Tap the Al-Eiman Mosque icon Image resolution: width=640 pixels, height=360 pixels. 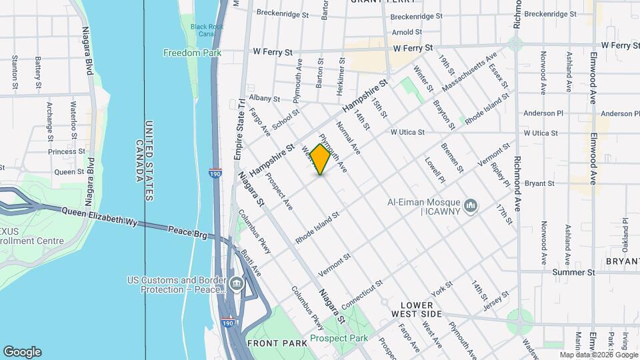point(471,205)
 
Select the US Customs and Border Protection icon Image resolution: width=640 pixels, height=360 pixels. point(236,285)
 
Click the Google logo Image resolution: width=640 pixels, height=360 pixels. point(22,352)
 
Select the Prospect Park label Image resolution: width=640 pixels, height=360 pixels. point(339,338)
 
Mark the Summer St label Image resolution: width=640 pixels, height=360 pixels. point(574,273)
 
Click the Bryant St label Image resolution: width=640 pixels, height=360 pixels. point(540,183)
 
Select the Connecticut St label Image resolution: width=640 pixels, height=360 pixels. point(361,294)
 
